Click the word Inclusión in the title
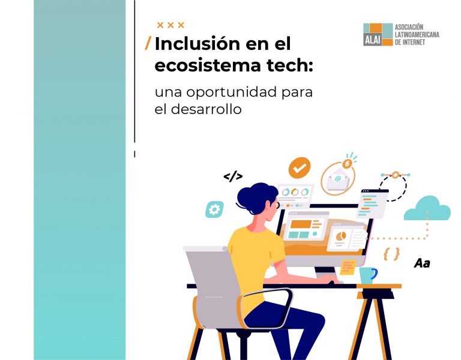(x=197, y=43)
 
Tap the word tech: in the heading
(x=290, y=65)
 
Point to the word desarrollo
(x=206, y=109)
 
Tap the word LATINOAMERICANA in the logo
(x=417, y=35)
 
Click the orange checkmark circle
(x=300, y=168)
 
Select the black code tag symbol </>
(x=233, y=176)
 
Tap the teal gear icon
(x=214, y=209)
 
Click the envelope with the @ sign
(x=338, y=179)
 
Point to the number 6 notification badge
(x=347, y=163)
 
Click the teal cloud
(x=427, y=209)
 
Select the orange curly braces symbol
(x=391, y=254)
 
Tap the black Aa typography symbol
(x=422, y=263)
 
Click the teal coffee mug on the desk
(x=367, y=275)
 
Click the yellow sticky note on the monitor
(x=348, y=267)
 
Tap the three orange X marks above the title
(x=170, y=25)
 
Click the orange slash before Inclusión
(x=148, y=43)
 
